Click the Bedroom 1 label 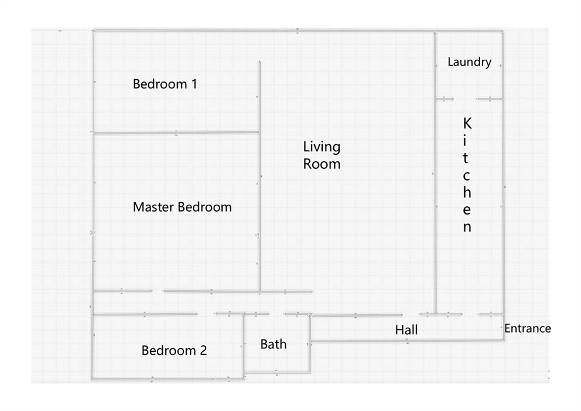coord(165,84)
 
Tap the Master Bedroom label coord(182,206)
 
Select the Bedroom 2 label coord(174,350)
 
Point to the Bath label coord(274,344)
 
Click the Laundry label coord(470,62)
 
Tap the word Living coord(322,147)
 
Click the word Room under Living coord(322,164)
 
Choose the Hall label coord(406,330)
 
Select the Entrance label coord(528,328)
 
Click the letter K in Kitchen coord(467,124)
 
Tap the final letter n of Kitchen coord(467,227)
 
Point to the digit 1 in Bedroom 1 coord(194,84)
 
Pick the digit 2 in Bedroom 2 coord(203,350)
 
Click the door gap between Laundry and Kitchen coord(466,99)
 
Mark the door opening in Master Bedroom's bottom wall coord(158,291)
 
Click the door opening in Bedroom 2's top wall coord(206,314)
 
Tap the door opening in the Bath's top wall coord(276,314)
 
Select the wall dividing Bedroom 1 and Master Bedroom coord(176,133)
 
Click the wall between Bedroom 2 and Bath coord(244,346)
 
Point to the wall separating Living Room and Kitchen coord(435,173)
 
